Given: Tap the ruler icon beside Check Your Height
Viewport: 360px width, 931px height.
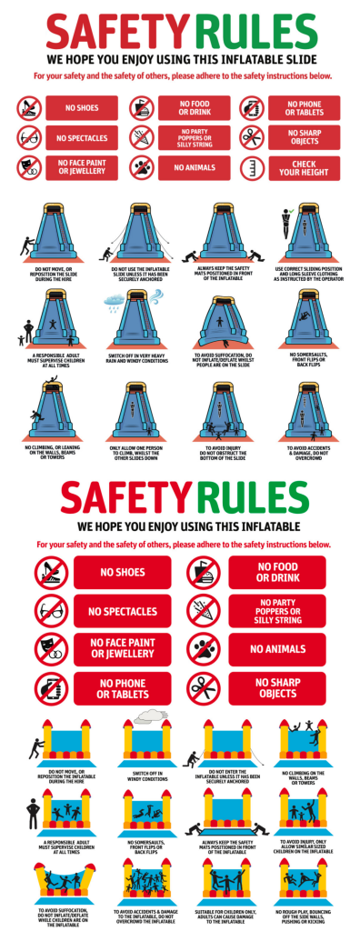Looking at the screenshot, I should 252,167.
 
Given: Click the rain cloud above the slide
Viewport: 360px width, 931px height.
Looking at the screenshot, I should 117,298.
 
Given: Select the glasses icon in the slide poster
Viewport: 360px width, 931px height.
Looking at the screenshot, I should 29,138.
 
